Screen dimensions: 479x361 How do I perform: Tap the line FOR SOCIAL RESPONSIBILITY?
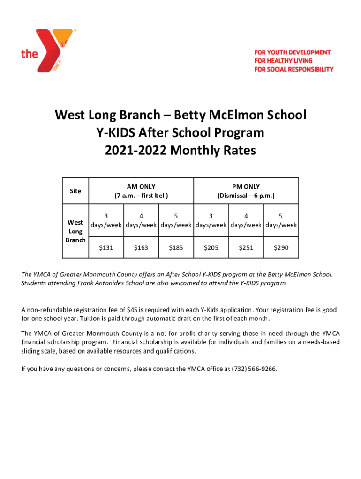293,69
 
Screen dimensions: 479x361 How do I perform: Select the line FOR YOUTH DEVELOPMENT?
292,52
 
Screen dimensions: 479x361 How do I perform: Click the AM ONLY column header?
141,186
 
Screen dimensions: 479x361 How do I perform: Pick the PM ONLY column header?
246,186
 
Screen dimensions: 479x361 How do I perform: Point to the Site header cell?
75,191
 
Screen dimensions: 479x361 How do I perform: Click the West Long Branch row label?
75,231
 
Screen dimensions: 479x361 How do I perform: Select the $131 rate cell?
106,247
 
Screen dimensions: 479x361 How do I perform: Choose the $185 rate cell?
176,247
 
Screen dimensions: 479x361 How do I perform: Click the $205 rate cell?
211,247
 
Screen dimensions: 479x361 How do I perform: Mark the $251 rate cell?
246,247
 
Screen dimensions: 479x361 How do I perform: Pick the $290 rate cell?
281,247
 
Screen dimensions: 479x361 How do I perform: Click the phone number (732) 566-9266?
254,369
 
